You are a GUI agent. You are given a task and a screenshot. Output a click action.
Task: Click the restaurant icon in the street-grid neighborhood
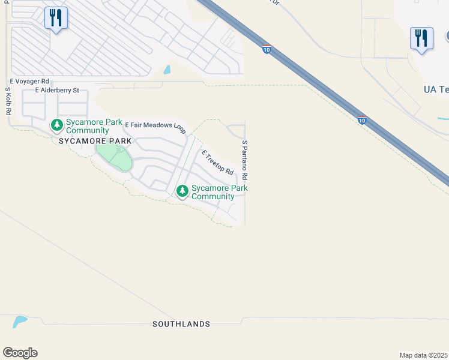pyautogui.click(x=56, y=18)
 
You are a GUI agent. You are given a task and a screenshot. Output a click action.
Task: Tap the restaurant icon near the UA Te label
pyautogui.click(x=421, y=38)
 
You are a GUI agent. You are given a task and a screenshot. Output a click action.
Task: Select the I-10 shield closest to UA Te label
pyautogui.click(x=362, y=120)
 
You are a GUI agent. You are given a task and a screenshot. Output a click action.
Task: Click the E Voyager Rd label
pyautogui.click(x=29, y=81)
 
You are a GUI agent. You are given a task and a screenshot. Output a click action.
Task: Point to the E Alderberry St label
pyautogui.click(x=57, y=91)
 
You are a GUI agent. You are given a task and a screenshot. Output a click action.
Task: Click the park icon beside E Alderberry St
pyautogui.click(x=57, y=125)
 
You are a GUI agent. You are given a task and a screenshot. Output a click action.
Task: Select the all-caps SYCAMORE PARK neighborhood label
pyautogui.click(x=95, y=140)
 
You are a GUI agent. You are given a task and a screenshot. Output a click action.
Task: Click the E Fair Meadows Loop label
pyautogui.click(x=155, y=126)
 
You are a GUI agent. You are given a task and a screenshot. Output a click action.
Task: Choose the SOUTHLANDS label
pyautogui.click(x=181, y=324)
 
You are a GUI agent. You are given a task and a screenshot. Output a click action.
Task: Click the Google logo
pyautogui.click(x=20, y=353)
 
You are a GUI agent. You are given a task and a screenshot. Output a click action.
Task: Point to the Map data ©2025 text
pyautogui.click(x=424, y=355)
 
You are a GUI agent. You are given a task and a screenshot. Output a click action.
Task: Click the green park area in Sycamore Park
pyautogui.click(x=114, y=155)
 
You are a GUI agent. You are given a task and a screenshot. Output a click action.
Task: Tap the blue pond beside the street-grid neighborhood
pyautogui.click(x=167, y=70)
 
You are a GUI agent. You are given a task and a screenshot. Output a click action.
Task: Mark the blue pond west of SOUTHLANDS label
pyautogui.click(x=19, y=321)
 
